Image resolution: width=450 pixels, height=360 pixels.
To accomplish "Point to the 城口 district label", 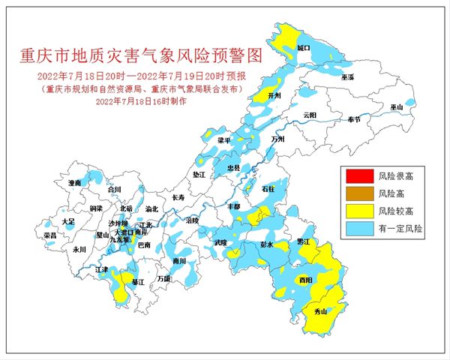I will point(304,47).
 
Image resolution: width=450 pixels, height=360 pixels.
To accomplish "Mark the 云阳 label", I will point(310,115).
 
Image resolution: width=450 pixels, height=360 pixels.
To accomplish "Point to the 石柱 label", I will point(268,190).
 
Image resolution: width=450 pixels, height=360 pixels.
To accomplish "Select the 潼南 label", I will point(74,182).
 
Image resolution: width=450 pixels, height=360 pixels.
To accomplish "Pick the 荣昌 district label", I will point(50,235).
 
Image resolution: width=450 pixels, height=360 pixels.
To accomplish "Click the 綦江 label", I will point(137,282).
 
